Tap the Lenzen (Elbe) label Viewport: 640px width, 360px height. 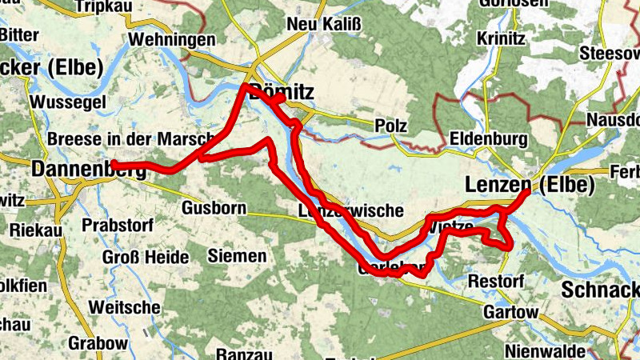pos(530,186)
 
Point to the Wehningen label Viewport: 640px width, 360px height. pos(171,39)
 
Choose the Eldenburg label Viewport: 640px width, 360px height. pos(488,139)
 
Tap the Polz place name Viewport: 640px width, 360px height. pos(391,126)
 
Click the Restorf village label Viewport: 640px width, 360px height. pos(495,282)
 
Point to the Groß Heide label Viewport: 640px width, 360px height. pos(146,258)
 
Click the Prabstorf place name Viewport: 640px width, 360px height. pos(117,225)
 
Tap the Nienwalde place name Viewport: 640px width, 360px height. pos(544,350)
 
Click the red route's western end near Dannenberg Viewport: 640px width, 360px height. pos(114,164)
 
